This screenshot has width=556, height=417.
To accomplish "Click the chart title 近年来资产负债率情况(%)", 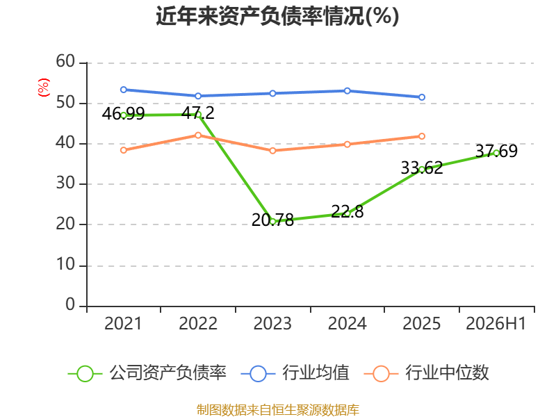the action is [x=277, y=16].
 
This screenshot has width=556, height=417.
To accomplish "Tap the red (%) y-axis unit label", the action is [x=44, y=88].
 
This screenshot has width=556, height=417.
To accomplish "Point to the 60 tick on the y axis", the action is [x=65, y=62].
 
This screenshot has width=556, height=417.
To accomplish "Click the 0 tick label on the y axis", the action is [x=70, y=304].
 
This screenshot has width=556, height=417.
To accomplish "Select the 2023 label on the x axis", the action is [x=272, y=323].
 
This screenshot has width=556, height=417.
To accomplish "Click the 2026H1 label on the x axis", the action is [x=496, y=323].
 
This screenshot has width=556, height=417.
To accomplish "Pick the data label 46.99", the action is [x=123, y=114].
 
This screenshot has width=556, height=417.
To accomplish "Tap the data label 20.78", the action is [x=272, y=220].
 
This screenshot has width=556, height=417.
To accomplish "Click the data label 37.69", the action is [x=496, y=151].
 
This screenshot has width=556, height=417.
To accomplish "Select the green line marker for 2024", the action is [x=347, y=214].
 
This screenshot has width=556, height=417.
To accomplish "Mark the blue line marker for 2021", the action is [x=124, y=90].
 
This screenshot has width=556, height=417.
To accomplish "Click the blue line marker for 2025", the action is [x=422, y=97].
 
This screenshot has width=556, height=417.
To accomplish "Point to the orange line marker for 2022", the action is [x=198, y=135].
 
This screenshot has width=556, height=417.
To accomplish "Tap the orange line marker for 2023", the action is [x=272, y=151].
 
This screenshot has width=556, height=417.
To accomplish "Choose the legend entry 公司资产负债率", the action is [x=147, y=373].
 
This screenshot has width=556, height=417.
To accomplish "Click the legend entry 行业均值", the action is [x=295, y=373].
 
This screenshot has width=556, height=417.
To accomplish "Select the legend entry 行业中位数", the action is [x=426, y=373].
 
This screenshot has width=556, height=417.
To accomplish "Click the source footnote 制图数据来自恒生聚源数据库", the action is [x=278, y=410].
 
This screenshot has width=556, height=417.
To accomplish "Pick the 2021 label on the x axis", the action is [x=123, y=323].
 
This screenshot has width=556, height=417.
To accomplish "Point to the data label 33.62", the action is [x=422, y=167].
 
